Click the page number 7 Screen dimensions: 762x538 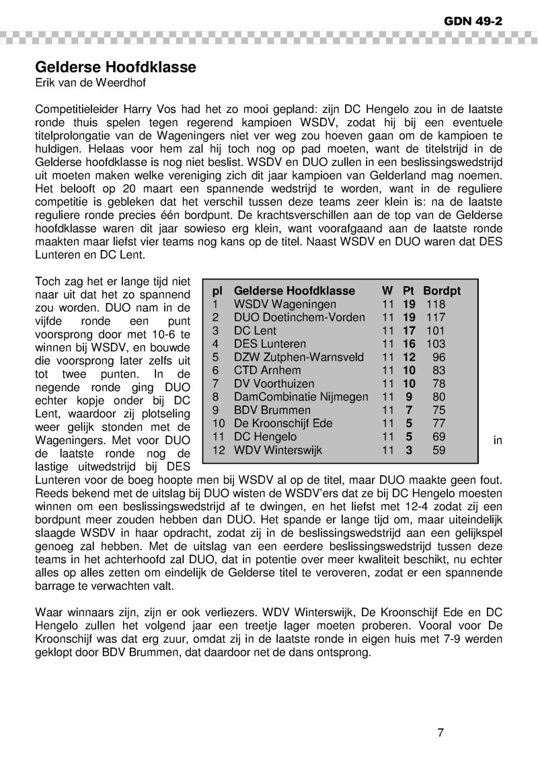(x=440, y=732)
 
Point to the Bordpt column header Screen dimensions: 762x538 (x=442, y=291)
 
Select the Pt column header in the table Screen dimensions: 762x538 (x=408, y=291)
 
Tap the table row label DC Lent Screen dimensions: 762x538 (x=255, y=331)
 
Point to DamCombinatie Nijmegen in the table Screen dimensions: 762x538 (x=301, y=396)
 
